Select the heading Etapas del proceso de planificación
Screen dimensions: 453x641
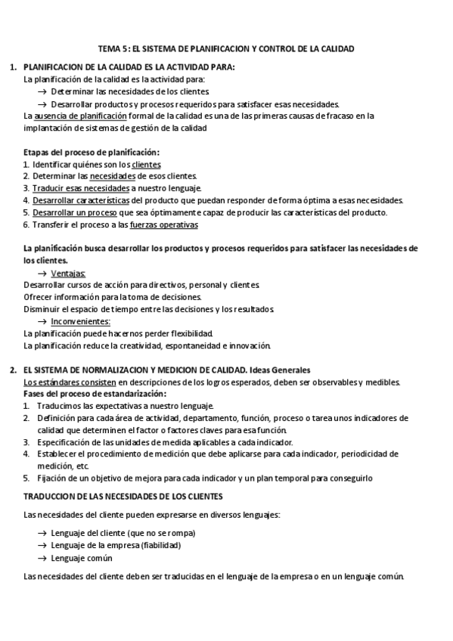tap(92, 152)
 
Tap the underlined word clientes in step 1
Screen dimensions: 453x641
tap(146, 164)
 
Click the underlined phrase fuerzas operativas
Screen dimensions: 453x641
tap(164, 225)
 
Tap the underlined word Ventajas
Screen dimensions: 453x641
tap(69, 273)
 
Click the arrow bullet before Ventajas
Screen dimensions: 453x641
tap(42, 273)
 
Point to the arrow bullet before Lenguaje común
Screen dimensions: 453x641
tap(42, 558)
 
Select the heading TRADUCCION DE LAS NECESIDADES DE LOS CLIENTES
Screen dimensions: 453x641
tap(124, 496)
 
